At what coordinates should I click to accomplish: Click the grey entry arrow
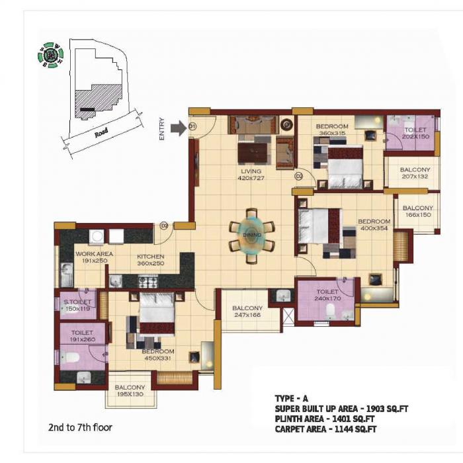tap(179, 128)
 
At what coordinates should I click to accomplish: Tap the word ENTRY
tap(161, 129)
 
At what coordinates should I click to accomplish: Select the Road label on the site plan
tap(101, 132)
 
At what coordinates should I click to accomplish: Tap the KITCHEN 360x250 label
tap(150, 260)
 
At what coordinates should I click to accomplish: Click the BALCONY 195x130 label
tap(130, 392)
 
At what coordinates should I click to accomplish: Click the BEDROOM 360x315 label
tap(331, 130)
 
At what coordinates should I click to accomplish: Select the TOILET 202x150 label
tap(414, 133)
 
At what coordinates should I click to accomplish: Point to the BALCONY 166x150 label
tap(417, 211)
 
